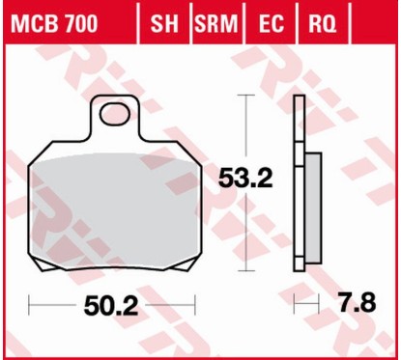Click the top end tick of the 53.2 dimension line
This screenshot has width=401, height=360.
253,95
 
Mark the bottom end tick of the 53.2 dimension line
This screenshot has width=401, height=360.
253,269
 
